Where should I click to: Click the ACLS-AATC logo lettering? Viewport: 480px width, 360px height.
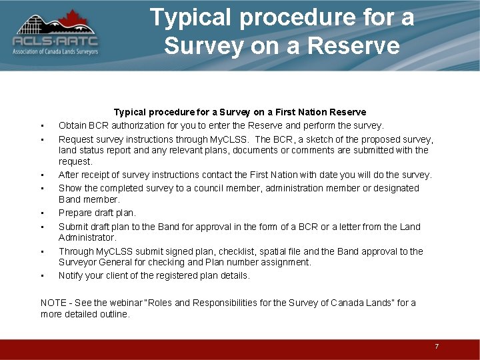coord(55,41)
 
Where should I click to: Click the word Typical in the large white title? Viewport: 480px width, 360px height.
coord(192,17)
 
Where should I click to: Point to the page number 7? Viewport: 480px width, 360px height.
coord(437,347)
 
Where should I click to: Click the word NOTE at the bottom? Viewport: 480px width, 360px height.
coord(53,303)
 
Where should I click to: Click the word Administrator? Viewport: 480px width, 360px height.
coord(87,237)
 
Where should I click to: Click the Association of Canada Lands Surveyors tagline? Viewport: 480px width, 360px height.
coord(55,52)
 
